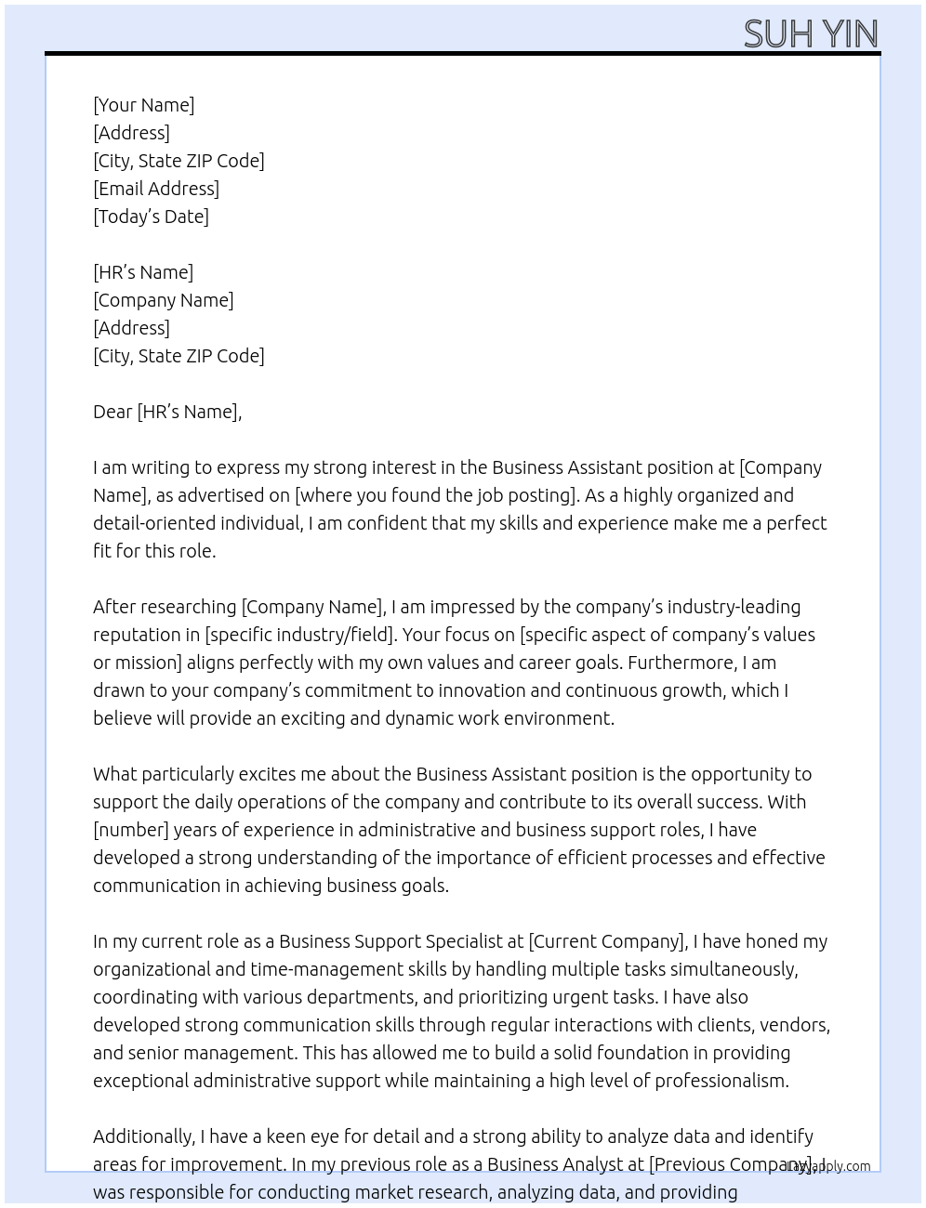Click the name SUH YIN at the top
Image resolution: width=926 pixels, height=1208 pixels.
click(x=811, y=33)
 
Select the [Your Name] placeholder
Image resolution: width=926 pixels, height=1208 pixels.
click(x=144, y=105)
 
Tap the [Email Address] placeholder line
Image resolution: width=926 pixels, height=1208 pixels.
click(x=156, y=189)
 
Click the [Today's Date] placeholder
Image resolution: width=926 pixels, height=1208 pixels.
click(x=151, y=217)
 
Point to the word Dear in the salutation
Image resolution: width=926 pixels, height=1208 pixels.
click(x=112, y=412)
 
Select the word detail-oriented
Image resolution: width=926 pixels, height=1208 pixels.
click(x=151, y=523)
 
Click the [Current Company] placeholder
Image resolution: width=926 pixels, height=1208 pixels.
click(x=607, y=941)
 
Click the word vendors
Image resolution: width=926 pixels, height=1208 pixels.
click(x=794, y=1025)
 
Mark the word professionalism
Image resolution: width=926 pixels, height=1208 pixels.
click(x=721, y=1081)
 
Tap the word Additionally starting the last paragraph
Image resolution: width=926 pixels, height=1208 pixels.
click(x=143, y=1136)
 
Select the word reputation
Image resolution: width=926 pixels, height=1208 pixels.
click(x=136, y=635)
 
